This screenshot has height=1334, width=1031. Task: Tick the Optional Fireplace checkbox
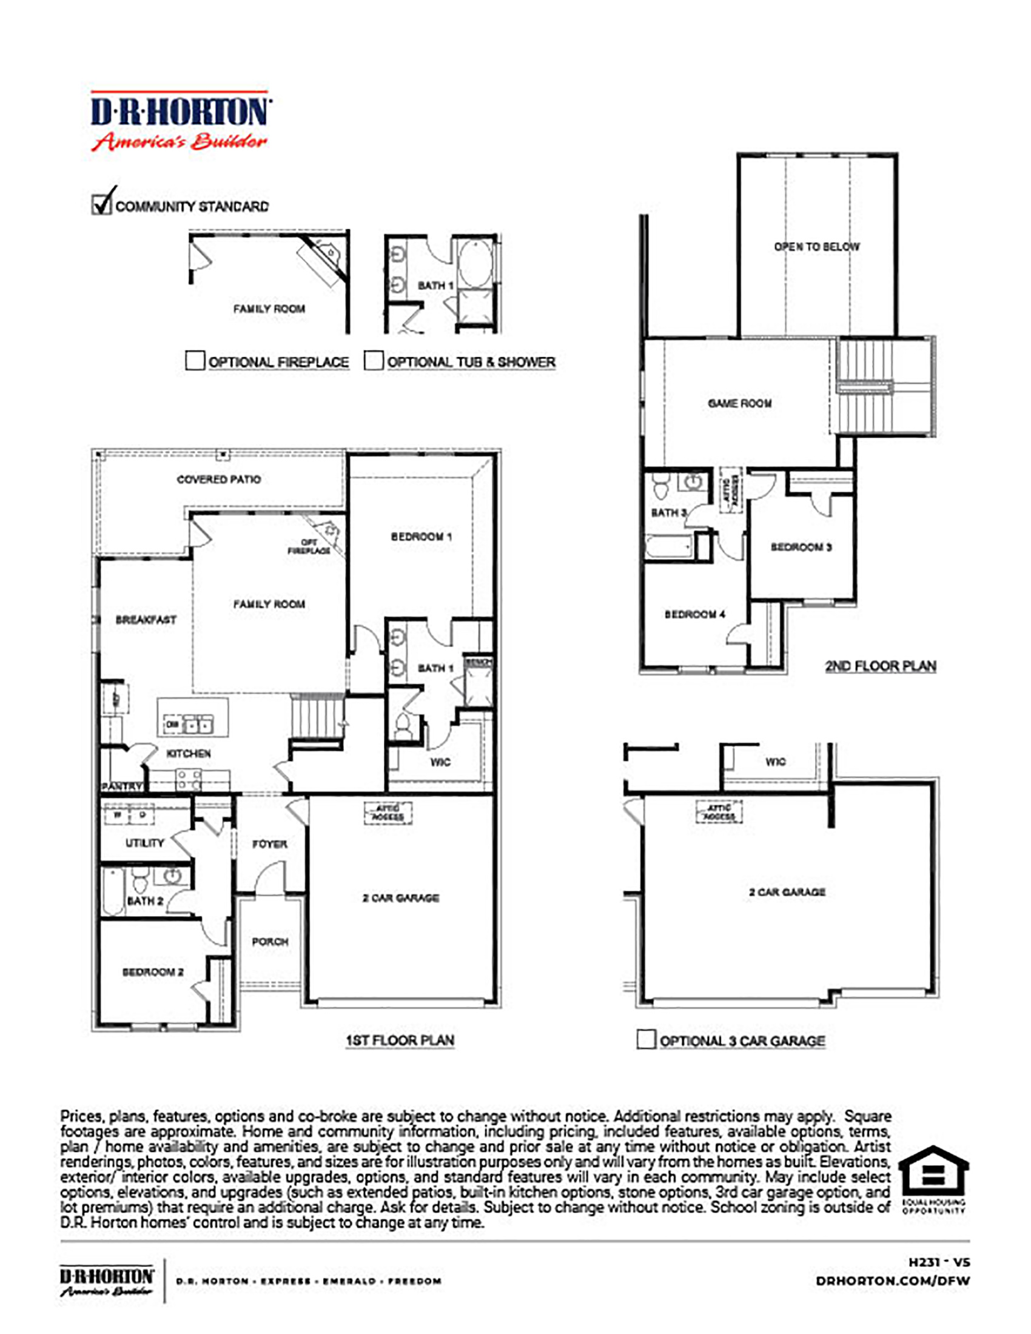pyautogui.click(x=195, y=360)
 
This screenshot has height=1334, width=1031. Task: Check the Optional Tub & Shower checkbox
pyautogui.click(x=373, y=360)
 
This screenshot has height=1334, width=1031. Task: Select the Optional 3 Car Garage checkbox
pyautogui.click(x=646, y=1039)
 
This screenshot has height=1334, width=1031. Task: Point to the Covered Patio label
pyautogui.click(x=219, y=480)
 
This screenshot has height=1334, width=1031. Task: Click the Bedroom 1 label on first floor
pyautogui.click(x=421, y=537)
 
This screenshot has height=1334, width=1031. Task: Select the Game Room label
pyautogui.click(x=740, y=403)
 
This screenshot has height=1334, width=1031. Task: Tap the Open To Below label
pyautogui.click(x=817, y=247)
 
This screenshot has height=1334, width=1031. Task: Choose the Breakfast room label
pyautogui.click(x=146, y=619)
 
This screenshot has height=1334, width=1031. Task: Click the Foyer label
pyautogui.click(x=269, y=844)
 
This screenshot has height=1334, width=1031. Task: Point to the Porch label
pyautogui.click(x=270, y=942)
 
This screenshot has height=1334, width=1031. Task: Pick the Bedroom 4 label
pyautogui.click(x=695, y=614)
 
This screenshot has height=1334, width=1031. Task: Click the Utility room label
pyautogui.click(x=145, y=843)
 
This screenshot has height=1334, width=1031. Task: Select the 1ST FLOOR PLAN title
pyautogui.click(x=400, y=1040)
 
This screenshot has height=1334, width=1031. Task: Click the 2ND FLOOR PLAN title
pyautogui.click(x=880, y=666)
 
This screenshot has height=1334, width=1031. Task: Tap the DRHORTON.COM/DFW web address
pyautogui.click(x=892, y=1281)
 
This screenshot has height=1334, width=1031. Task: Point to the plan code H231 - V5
pyautogui.click(x=939, y=1262)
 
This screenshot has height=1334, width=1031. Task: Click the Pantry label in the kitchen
pyautogui.click(x=121, y=786)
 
